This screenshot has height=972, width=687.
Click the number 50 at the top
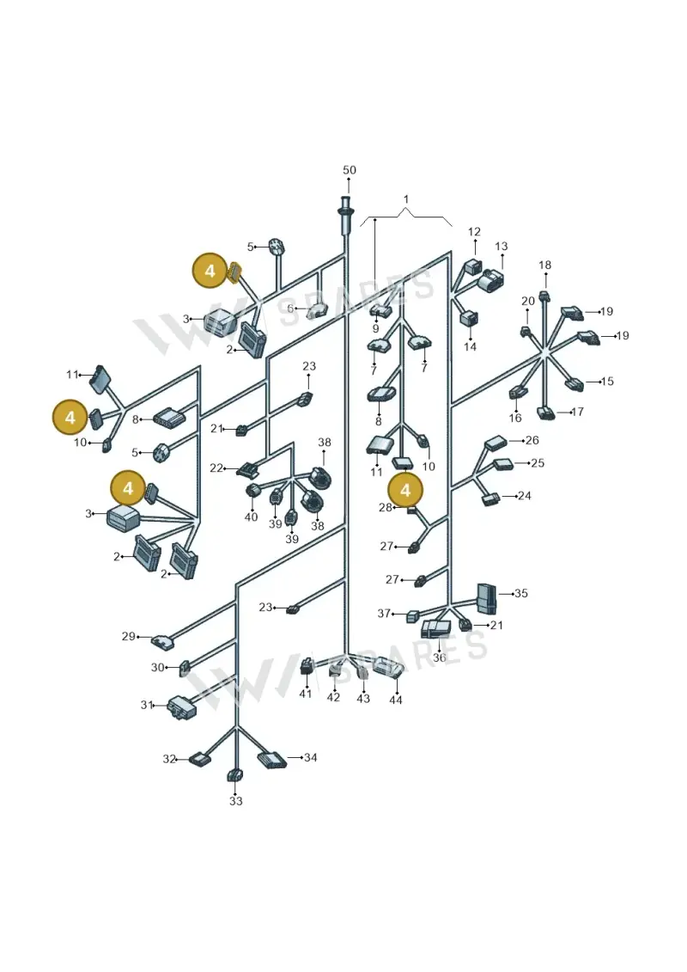click(x=350, y=170)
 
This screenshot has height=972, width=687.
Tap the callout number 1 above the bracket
click(x=405, y=199)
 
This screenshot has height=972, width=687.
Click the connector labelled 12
click(x=473, y=268)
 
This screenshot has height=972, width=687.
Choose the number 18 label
click(x=544, y=266)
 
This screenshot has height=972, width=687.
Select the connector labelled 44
click(x=387, y=668)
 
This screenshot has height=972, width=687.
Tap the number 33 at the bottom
click(x=236, y=801)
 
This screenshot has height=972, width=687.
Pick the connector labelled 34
click(x=272, y=760)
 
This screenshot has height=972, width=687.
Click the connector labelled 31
click(x=179, y=707)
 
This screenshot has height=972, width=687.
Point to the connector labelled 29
click(x=164, y=642)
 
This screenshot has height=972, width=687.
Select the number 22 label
click(x=216, y=468)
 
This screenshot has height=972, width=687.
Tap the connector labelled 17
click(x=546, y=413)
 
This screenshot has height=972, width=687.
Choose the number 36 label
click(x=439, y=657)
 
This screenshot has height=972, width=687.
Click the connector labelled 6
click(x=318, y=309)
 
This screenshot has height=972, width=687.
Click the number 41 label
click(x=306, y=693)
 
